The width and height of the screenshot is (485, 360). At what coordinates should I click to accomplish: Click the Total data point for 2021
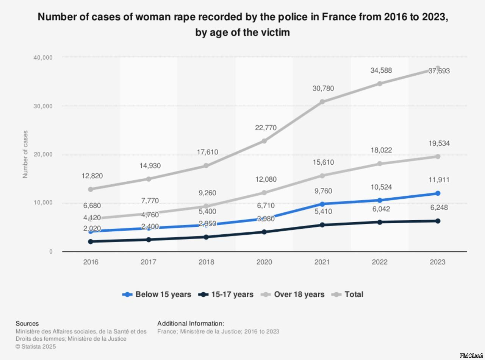coord(322,101)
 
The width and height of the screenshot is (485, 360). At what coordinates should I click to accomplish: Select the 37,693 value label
coord(439,71)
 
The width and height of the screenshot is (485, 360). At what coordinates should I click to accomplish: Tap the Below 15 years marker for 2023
coord(438,193)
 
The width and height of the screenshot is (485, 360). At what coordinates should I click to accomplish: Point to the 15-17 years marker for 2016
coord(91,241)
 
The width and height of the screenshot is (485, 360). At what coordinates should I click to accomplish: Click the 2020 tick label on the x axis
coord(264,262)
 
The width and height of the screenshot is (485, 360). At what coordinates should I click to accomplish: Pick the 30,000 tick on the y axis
coord(43,106)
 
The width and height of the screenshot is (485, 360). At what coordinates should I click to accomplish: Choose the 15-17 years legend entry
coord(226,295)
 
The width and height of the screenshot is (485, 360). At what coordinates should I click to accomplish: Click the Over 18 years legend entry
coord(293,295)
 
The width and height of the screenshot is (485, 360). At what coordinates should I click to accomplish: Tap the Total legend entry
coord(347,295)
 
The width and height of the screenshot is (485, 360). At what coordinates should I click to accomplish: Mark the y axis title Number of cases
coord(25,154)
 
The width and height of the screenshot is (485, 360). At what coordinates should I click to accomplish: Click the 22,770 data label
coord(266,128)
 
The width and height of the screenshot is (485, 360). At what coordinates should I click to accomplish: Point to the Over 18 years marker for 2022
coord(380,164)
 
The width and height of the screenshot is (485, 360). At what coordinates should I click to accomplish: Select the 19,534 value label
coord(439,143)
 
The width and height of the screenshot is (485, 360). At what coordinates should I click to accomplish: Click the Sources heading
coord(27,324)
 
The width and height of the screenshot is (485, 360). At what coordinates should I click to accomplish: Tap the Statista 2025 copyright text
coord(36,346)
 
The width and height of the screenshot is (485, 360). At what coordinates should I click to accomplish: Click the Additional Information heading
coord(191,324)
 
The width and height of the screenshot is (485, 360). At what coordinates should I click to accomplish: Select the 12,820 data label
coord(92,176)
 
